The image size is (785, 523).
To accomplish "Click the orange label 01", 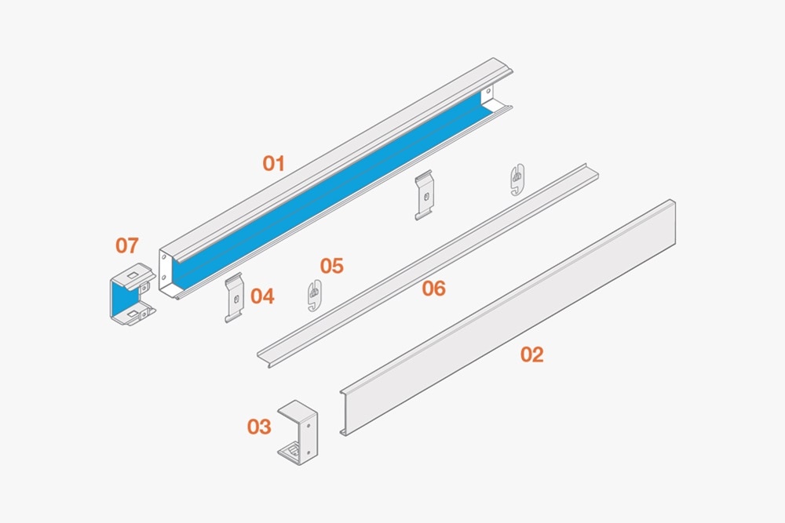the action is (x=273, y=164).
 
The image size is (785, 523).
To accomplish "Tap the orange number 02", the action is (x=531, y=354).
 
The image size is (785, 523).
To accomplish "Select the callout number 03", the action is (x=259, y=427).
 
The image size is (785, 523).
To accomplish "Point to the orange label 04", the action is (x=262, y=296).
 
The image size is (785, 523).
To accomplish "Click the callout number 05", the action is (x=332, y=266).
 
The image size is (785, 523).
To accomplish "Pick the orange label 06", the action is (x=433, y=289).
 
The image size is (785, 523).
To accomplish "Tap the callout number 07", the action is (x=126, y=245).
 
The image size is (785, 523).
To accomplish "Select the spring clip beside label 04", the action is (x=234, y=297).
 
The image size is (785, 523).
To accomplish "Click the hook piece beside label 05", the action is (x=315, y=295).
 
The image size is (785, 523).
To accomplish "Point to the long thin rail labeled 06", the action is (x=428, y=265).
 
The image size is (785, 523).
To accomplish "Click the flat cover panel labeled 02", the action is (x=508, y=318).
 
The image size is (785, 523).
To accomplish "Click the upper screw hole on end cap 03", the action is (x=309, y=424).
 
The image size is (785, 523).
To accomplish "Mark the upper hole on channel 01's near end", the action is (x=164, y=257).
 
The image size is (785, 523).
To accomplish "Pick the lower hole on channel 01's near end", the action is (x=164, y=278).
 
